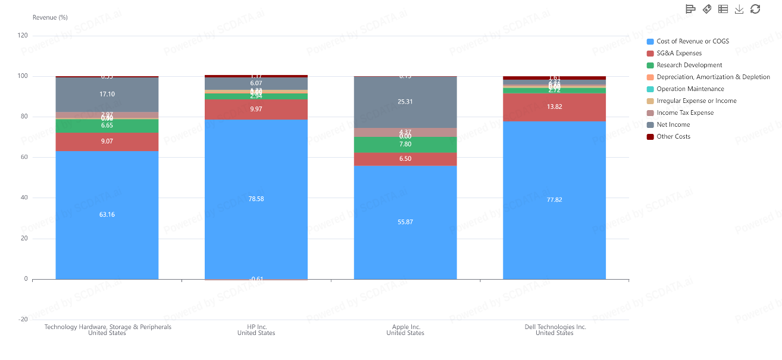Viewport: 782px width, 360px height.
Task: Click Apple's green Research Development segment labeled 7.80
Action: point(405,145)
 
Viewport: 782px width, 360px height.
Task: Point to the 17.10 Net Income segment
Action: point(107,95)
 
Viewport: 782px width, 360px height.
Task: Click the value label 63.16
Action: point(107,214)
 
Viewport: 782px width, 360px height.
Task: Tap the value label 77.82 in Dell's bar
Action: point(554,200)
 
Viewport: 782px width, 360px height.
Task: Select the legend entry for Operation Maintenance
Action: point(690,89)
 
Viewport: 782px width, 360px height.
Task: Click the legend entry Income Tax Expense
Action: point(685,113)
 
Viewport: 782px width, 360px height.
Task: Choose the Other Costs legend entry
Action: point(674,137)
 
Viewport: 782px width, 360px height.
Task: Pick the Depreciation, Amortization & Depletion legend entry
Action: point(713,77)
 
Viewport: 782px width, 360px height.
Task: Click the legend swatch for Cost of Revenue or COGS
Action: point(650,42)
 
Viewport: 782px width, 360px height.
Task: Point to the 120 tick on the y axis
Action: point(23,36)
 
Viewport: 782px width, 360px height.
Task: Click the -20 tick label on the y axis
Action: point(23,320)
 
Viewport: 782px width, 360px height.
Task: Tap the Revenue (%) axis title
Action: point(50,17)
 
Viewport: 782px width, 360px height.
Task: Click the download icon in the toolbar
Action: point(739,9)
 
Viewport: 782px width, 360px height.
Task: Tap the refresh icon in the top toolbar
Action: point(755,9)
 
